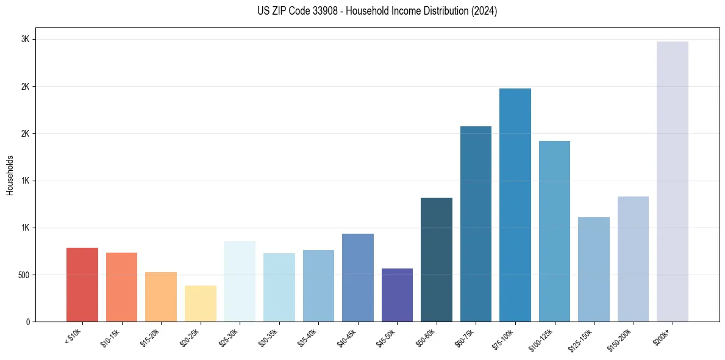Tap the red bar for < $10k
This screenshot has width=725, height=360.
pyautogui.click(x=82, y=284)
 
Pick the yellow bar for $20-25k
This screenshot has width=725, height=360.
pyautogui.click(x=201, y=303)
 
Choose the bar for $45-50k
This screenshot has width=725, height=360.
pyautogui.click(x=397, y=295)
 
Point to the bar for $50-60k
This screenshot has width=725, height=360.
pyautogui.click(x=437, y=259)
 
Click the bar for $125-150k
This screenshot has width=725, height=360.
pyautogui.click(x=593, y=269)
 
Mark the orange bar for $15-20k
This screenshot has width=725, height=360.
pyautogui.click(x=161, y=297)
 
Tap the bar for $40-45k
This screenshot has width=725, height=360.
pyautogui.click(x=358, y=278)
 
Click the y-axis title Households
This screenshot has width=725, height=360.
pyautogui.click(x=10, y=175)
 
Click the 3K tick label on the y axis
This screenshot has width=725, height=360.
pyautogui.click(x=26, y=39)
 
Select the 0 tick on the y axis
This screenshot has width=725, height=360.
pyautogui.click(x=28, y=322)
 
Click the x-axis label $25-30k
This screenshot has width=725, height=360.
pyautogui.click(x=229, y=337)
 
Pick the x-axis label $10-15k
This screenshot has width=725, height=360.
pyautogui.click(x=111, y=337)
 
